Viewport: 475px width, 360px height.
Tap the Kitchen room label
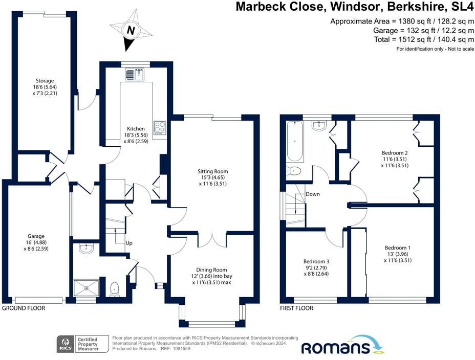pyautogui.click(x=136, y=135)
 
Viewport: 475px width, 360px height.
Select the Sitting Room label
pyautogui.click(x=213, y=177)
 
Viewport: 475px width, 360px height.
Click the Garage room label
pyautogui.click(x=35, y=243)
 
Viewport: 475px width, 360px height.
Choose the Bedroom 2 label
pyautogui.click(x=395, y=159)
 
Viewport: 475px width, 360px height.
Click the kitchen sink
pyautogui.click(x=136, y=75)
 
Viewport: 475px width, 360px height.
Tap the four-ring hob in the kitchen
pyautogui.click(x=160, y=126)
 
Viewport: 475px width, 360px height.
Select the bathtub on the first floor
pyautogui.click(x=294, y=141)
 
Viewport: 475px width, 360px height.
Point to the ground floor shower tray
pyautogui.click(x=86, y=288)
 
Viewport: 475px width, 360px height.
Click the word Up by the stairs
pyautogui.click(x=129, y=243)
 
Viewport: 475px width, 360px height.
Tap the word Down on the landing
pyautogui.click(x=313, y=194)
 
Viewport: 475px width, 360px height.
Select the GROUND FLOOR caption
pyautogui.click(x=24, y=308)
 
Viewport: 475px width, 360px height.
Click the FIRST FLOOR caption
pyautogui.click(x=296, y=308)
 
